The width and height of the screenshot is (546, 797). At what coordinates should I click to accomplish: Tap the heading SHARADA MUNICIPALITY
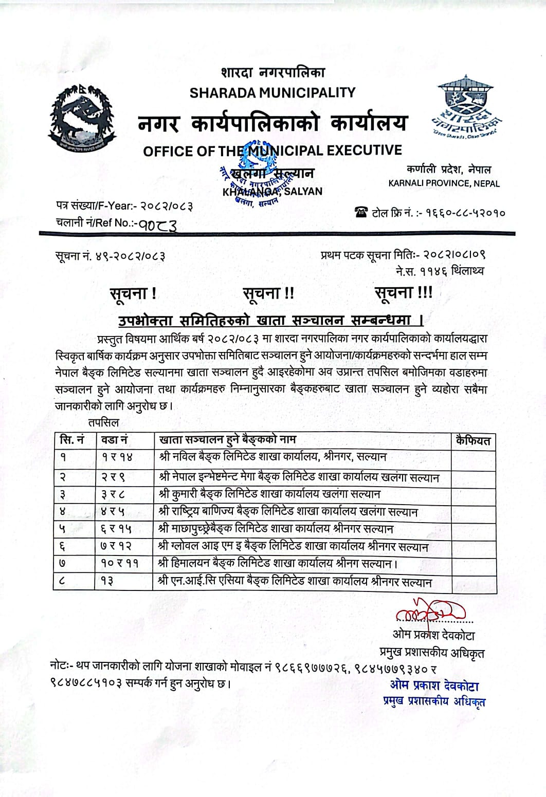[272, 92]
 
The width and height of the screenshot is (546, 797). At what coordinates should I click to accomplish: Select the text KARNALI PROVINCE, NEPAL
[444, 183]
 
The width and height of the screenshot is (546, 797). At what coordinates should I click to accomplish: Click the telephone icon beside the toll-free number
[361, 212]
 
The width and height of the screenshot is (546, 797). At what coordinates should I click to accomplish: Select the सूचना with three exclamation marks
[403, 293]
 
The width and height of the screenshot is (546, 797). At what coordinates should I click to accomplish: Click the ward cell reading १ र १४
[117, 457]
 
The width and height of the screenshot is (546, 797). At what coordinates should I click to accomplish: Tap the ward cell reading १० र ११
[119, 563]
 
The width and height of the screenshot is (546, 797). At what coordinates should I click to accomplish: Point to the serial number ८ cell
[63, 582]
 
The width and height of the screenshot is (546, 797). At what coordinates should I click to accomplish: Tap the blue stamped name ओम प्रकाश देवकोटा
[434, 685]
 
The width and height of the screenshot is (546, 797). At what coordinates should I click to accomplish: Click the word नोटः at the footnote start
[62, 666]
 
